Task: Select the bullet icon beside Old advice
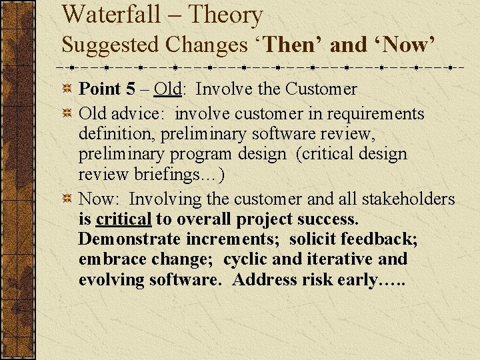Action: point(67,114)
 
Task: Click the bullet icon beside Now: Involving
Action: point(67,199)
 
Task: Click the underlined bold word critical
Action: point(124,219)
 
